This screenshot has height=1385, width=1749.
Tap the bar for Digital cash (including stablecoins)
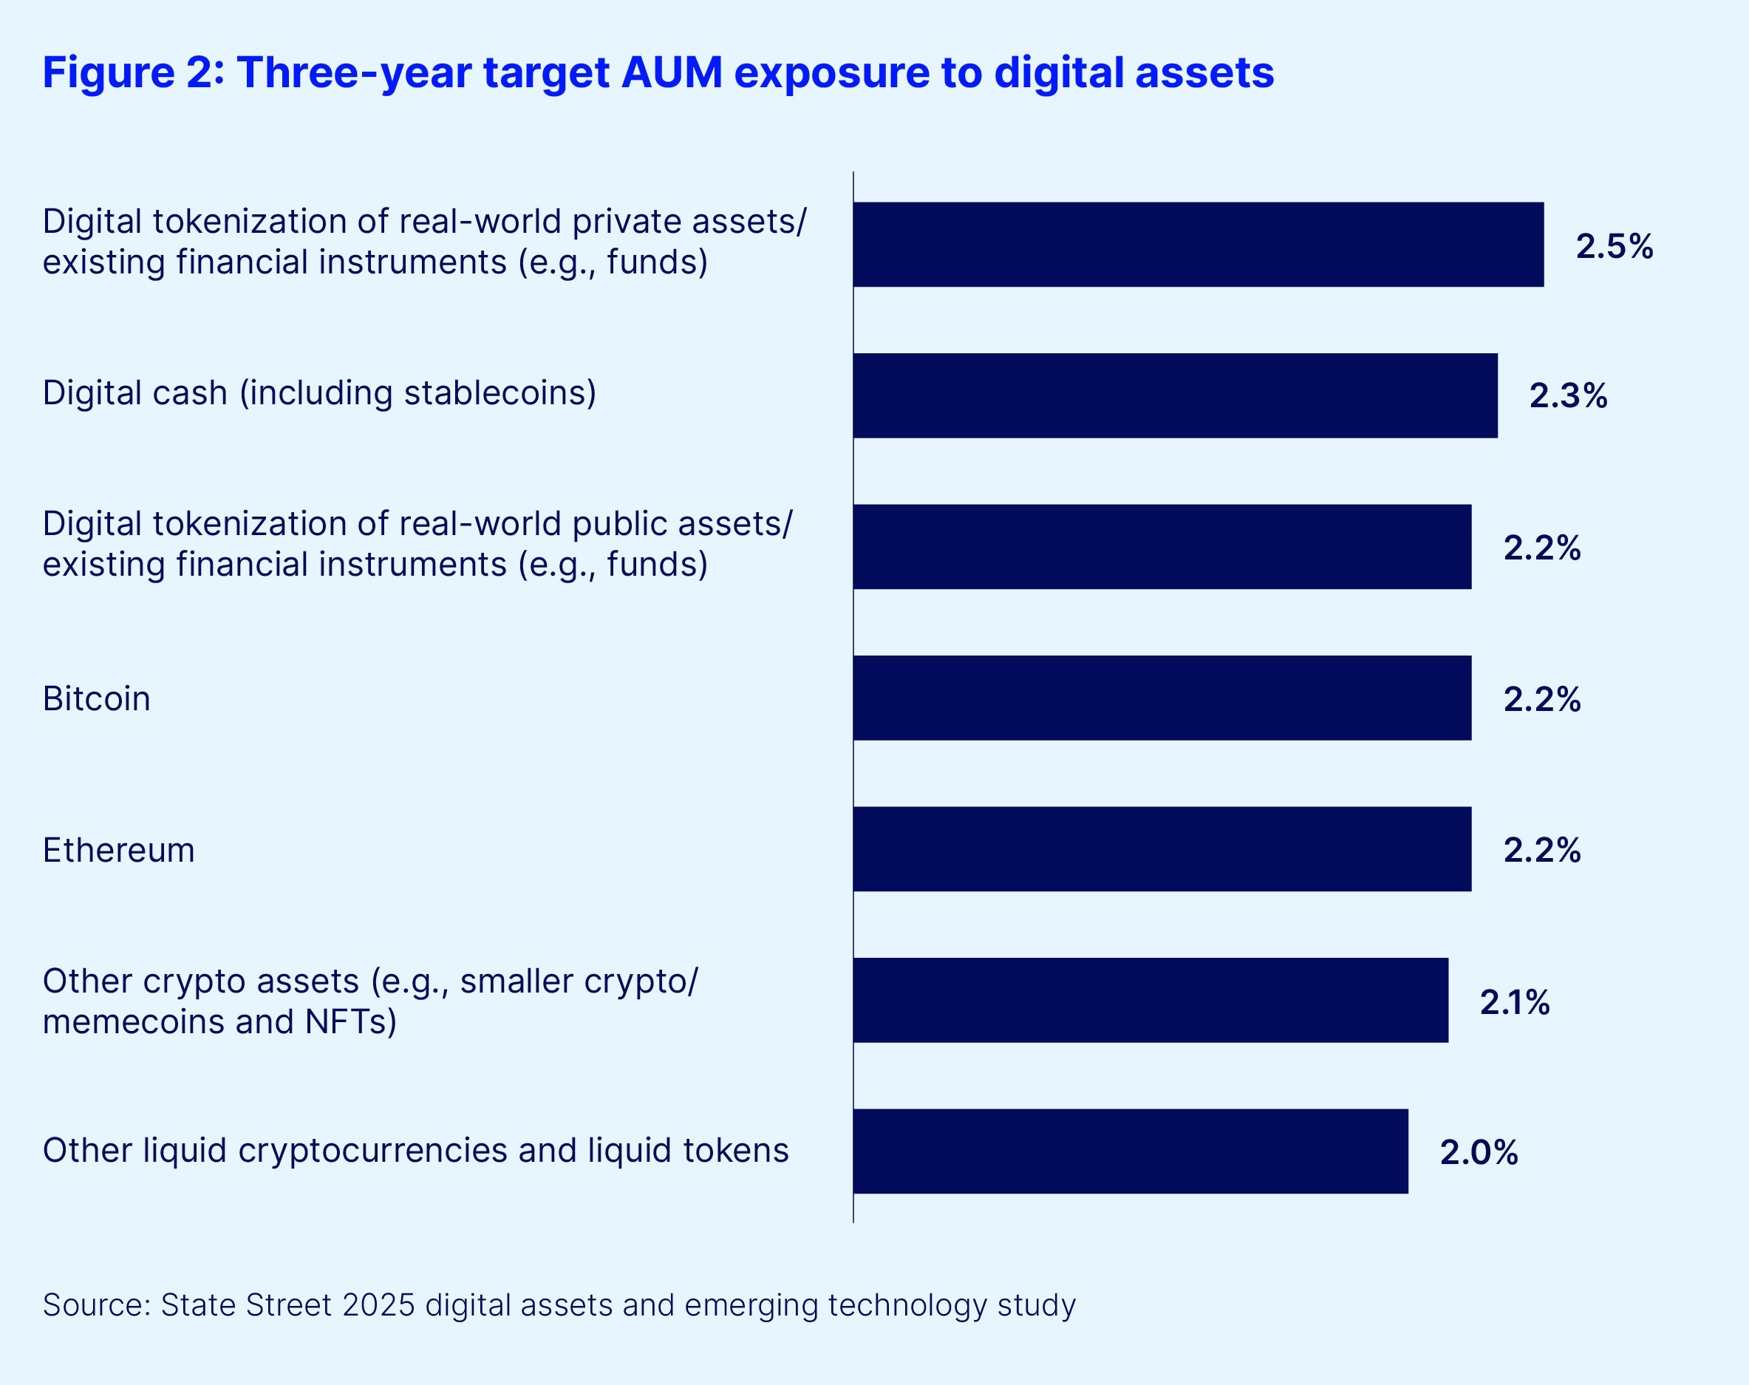[x=1174, y=395]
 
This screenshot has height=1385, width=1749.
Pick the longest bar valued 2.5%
[x=1198, y=244]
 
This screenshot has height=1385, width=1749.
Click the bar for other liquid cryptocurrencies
[x=1130, y=1151]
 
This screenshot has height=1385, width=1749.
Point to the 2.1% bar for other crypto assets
[x=1150, y=1000]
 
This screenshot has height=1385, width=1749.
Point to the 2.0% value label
[x=1478, y=1152]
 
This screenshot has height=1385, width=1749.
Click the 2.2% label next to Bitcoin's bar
[x=1541, y=699]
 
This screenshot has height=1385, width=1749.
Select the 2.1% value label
[x=1515, y=1002]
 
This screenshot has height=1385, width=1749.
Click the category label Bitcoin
[x=97, y=699]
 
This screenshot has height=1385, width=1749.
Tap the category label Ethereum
[x=118, y=850]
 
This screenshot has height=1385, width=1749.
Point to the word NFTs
[x=347, y=1021]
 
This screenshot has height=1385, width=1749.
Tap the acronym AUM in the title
[x=672, y=72]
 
